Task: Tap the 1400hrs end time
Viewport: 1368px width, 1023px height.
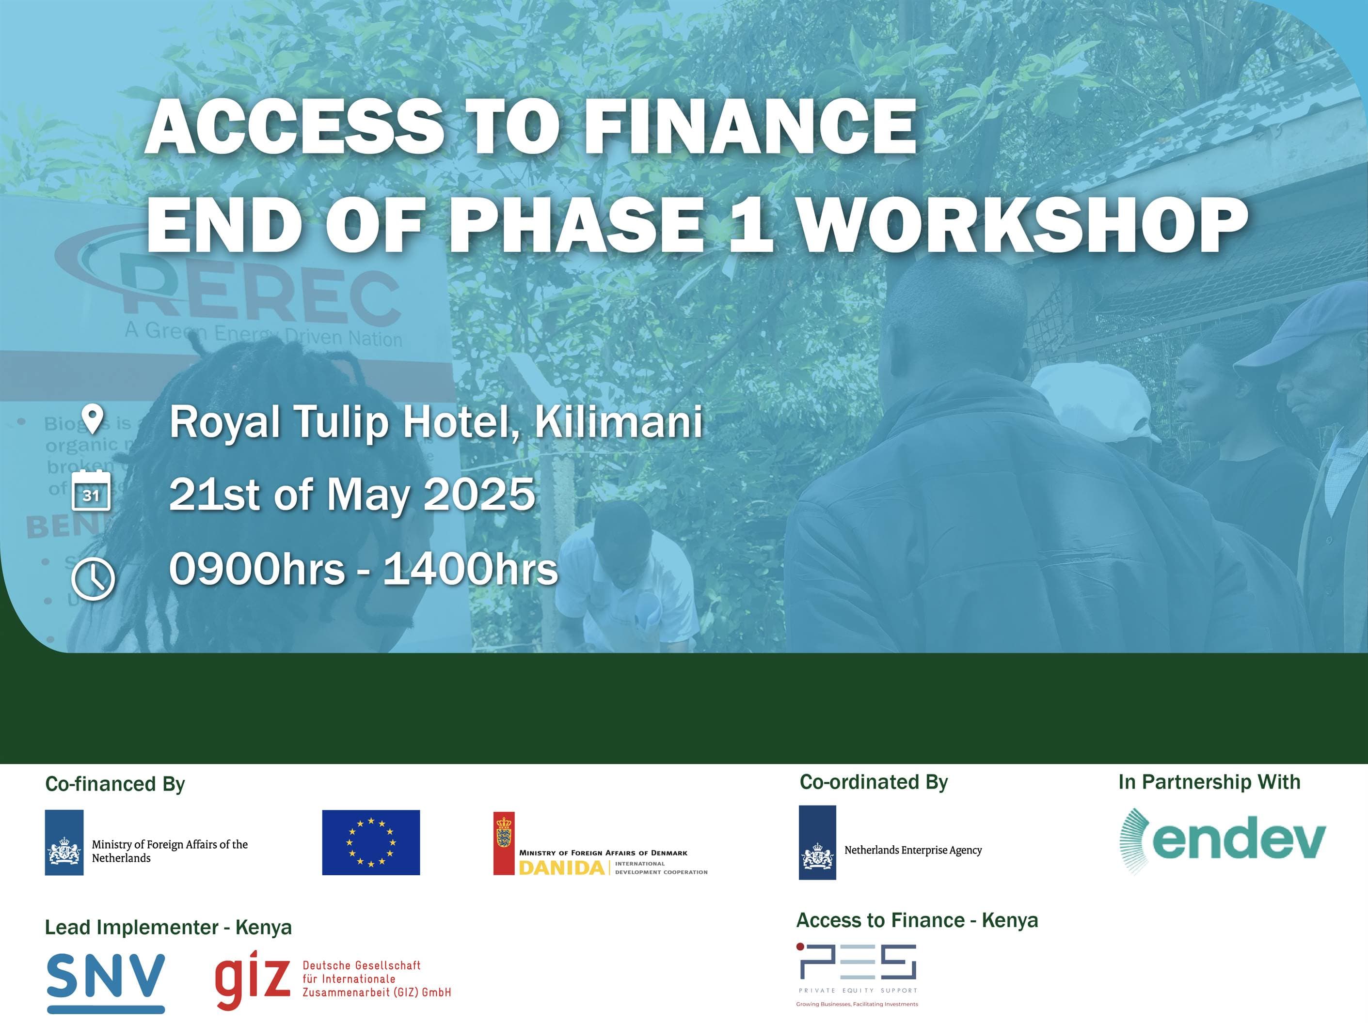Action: point(471,569)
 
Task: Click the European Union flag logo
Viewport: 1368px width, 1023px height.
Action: point(371,842)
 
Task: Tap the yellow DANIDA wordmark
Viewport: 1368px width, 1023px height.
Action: point(561,868)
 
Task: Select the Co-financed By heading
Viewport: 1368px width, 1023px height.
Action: point(115,784)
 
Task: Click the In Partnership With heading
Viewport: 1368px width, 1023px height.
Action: point(1209,782)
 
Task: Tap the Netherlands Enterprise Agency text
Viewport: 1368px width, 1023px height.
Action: point(913,850)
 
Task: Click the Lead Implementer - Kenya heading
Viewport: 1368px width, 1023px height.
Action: point(168,927)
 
